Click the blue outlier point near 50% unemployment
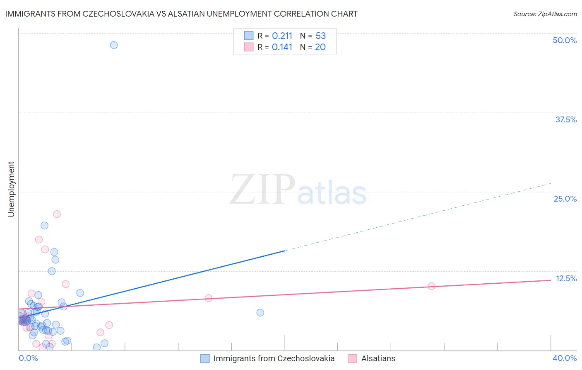tap(114, 45)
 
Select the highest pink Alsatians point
tap(57, 214)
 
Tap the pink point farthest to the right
tap(431, 286)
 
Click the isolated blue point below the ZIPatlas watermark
tap(260, 313)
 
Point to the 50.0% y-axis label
tap(565, 40)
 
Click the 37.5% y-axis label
tap(566, 119)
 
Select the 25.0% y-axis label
tap(565, 199)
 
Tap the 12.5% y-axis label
tap(566, 278)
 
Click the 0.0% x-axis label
tap(28, 358)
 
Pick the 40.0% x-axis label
tap(565, 358)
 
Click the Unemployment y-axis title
tap(11, 189)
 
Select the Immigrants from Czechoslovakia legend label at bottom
tap(274, 358)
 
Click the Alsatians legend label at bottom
tap(378, 358)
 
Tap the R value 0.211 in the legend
tap(282, 36)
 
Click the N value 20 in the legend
tap(320, 47)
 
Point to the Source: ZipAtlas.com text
tap(545, 14)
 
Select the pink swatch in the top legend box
tap(248, 47)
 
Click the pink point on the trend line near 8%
tap(208, 298)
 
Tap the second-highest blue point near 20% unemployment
tap(44, 226)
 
